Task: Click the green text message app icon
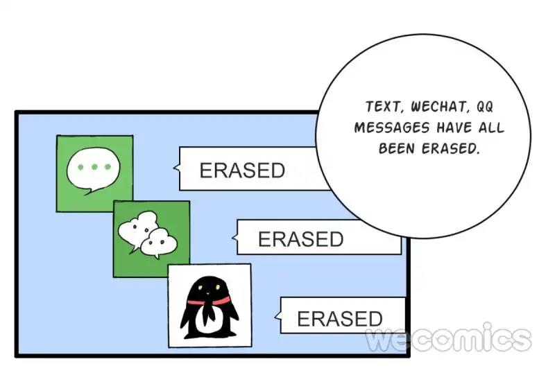(x=94, y=173)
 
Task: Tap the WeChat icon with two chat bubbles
(x=151, y=238)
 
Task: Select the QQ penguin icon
(x=210, y=305)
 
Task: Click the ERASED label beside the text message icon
(x=242, y=170)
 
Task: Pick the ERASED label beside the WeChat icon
(x=300, y=238)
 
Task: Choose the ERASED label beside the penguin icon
(x=339, y=318)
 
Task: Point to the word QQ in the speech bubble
(x=490, y=107)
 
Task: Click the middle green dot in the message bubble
(x=94, y=168)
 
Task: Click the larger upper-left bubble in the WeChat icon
(x=137, y=228)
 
